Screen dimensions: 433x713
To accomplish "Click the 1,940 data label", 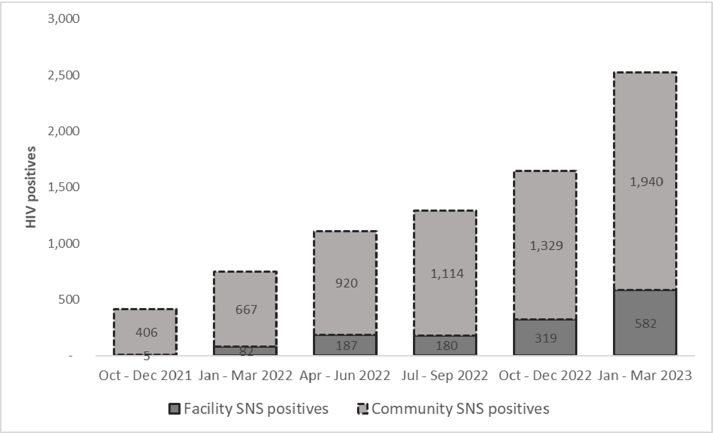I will coord(646,182).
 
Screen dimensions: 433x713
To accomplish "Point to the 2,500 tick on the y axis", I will coord(64,75).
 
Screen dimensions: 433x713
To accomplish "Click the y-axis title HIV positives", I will coord(31,187).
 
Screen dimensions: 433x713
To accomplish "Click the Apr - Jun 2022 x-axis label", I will coord(345,376).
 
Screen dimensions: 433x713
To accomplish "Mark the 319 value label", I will coord(545,338).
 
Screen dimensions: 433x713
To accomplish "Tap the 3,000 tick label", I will coord(64,18).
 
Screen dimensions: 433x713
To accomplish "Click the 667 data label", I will coord(246,309).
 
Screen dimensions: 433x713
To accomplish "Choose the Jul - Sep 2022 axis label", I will coord(445,376).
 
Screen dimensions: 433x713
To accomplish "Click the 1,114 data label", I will coord(447,273).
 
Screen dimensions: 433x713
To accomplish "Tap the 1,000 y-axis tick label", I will coord(64,243).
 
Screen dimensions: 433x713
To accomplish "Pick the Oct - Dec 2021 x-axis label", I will coord(145,376).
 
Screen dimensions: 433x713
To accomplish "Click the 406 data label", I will coord(146,332).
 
